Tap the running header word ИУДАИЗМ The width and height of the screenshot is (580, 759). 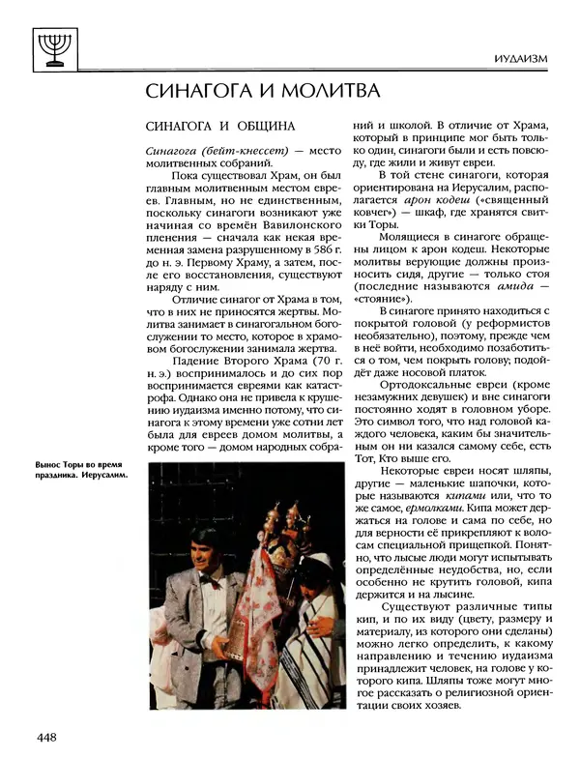[x=519, y=59]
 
